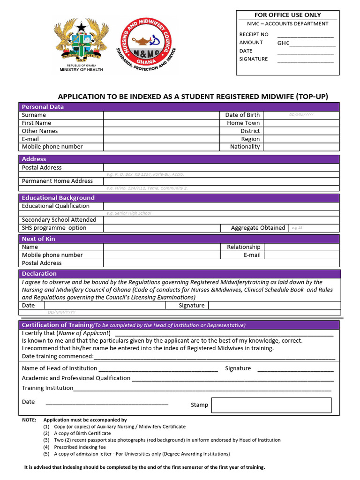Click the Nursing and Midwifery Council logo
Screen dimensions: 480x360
[x=147, y=46]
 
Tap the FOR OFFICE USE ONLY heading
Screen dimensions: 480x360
[x=287, y=15]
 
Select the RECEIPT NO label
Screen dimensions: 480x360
[x=254, y=34]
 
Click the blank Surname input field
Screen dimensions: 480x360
[x=162, y=115]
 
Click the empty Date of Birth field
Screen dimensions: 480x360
[x=301, y=115]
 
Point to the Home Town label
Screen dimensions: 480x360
[x=243, y=123]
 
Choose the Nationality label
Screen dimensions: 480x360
[x=245, y=147]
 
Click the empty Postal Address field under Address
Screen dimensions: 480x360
[x=221, y=167]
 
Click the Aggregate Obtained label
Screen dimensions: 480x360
[x=258, y=228]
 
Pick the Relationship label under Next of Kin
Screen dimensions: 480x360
[x=243, y=247]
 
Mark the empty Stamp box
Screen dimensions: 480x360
[x=271, y=405]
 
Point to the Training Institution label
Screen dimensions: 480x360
[x=47, y=388]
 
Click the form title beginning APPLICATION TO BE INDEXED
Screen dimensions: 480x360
[x=193, y=97]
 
